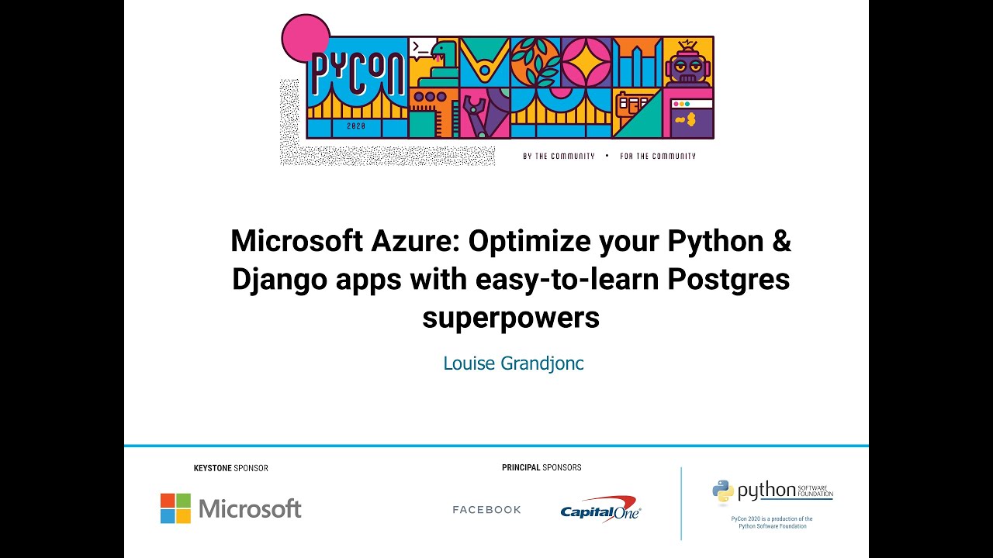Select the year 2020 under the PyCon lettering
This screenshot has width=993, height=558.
click(x=356, y=126)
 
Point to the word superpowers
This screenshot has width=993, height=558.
click(x=510, y=317)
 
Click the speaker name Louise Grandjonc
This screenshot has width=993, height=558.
click(x=513, y=363)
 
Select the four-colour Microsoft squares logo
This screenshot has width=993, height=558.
click(x=175, y=508)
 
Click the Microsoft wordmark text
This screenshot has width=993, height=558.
click(x=250, y=509)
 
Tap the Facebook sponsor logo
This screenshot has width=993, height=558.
click(x=486, y=510)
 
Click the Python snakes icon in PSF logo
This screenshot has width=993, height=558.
click(x=723, y=491)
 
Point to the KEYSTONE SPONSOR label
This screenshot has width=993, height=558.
click(x=230, y=468)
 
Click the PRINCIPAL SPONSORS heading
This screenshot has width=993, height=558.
click(x=541, y=467)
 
